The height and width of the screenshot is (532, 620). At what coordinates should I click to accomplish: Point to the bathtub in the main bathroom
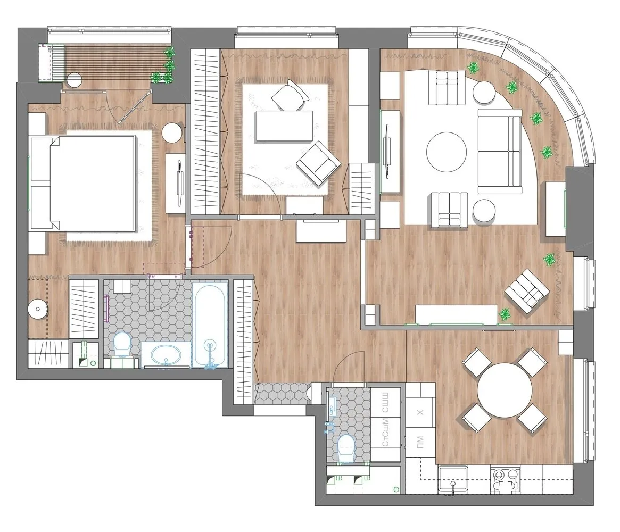210,326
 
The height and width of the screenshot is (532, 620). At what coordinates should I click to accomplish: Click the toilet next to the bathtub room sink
122,344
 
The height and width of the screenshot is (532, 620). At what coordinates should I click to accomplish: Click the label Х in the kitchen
420,412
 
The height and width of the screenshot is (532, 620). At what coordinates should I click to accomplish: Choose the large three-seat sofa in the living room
499,151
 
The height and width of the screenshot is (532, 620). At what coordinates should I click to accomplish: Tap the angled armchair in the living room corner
527,290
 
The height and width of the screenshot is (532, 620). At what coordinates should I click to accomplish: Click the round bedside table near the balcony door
172,132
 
